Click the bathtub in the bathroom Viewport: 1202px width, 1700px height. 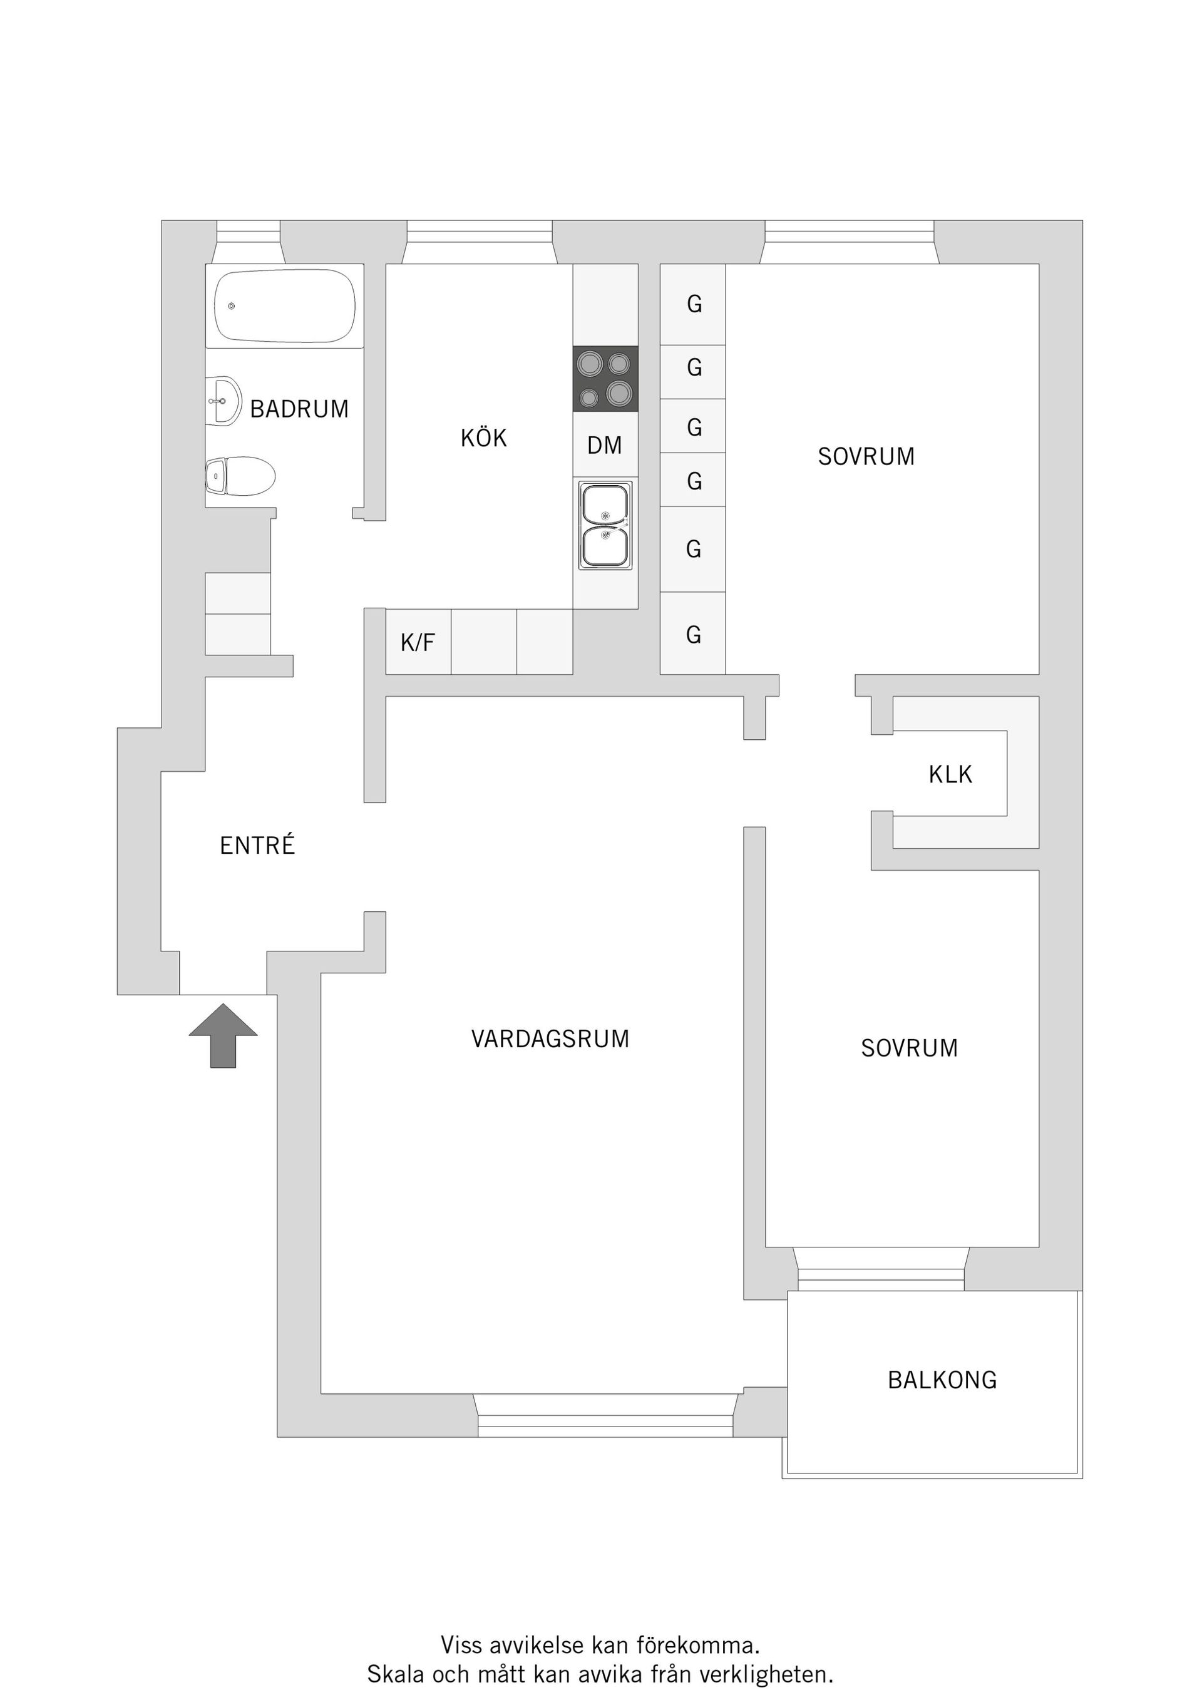284,306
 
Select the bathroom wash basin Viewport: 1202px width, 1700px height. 223,401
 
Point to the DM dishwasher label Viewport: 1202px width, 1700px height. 604,445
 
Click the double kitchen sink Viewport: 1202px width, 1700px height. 606,525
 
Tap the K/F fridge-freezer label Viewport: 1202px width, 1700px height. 418,643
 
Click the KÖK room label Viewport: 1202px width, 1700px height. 483,438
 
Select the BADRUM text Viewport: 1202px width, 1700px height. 299,409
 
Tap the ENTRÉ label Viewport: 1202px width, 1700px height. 257,846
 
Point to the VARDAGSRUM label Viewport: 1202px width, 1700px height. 550,1039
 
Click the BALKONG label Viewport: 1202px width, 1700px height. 942,1380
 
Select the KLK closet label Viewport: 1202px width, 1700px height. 950,774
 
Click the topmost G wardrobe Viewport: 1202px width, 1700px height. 694,304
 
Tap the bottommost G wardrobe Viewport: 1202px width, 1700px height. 693,635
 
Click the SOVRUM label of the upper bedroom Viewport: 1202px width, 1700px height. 866,456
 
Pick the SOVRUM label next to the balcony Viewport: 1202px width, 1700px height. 909,1048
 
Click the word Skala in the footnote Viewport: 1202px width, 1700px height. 396,1674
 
